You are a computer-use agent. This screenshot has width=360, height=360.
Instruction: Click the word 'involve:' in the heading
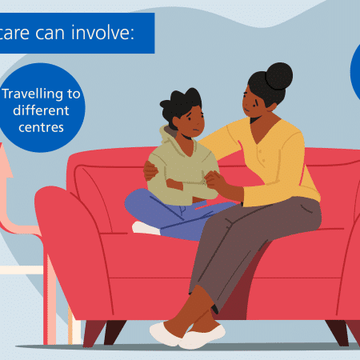coord(103,33)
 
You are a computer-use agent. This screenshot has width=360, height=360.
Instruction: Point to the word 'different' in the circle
coord(41,110)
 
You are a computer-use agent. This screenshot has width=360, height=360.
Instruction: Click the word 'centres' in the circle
coord(41,127)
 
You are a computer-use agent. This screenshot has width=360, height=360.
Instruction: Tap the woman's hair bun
coord(279,76)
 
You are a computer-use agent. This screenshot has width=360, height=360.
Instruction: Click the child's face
coord(193,122)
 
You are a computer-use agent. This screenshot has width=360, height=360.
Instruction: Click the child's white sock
coord(146,228)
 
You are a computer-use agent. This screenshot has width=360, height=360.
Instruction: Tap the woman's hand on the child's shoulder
coord(150,170)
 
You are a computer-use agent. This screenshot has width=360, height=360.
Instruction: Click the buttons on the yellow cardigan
coord(261,156)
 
